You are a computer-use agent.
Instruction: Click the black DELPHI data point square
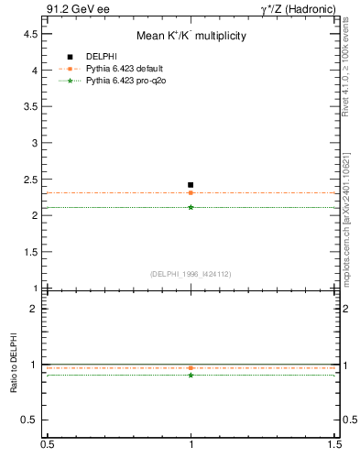(x=191, y=185)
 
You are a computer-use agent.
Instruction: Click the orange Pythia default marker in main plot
(x=191, y=192)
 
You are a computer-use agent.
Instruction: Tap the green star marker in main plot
(x=191, y=207)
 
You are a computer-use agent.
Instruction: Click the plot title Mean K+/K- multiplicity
(x=191, y=36)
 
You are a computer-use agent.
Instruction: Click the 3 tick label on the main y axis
(x=34, y=143)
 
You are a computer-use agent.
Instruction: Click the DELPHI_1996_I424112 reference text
(x=190, y=273)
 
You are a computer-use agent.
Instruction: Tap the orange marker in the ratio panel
(x=191, y=368)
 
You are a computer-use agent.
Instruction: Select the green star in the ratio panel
(x=191, y=375)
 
